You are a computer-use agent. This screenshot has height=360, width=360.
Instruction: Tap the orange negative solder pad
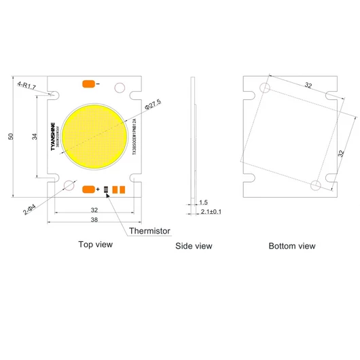[88, 84]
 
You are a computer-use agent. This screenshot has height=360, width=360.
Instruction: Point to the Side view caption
[194, 246]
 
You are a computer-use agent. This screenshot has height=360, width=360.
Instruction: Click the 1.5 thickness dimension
[204, 202]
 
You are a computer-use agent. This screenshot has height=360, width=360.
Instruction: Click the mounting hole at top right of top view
[122, 87]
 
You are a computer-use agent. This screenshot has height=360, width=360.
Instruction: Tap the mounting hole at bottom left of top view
[67, 185]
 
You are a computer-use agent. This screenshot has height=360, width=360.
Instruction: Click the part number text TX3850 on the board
[134, 136]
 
